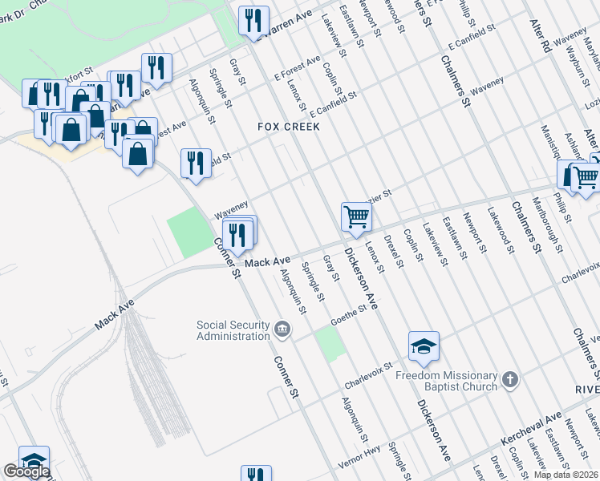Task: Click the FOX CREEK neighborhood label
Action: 289,127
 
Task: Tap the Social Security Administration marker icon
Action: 282,329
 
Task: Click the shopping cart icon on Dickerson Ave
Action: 356,215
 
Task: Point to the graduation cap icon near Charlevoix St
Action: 424,346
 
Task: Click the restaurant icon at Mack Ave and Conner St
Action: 237,234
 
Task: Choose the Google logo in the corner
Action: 26,472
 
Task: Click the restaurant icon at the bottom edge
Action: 256,475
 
